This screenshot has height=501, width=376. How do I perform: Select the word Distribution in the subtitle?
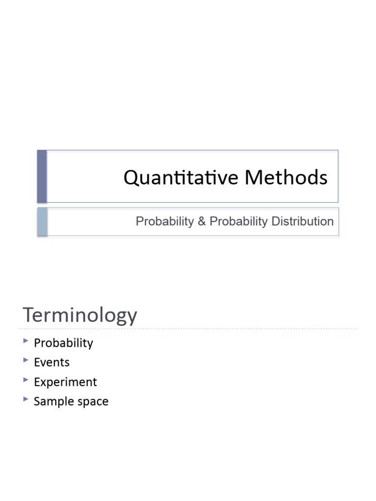click(303, 222)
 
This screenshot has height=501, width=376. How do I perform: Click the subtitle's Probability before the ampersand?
click(164, 222)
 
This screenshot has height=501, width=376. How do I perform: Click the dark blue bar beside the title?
click(42, 176)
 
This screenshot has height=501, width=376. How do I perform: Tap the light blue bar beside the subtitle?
click(42, 222)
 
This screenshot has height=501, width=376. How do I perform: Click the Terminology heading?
click(80, 316)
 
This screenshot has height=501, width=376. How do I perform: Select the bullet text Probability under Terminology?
click(63, 343)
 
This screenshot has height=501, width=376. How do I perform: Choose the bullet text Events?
click(51, 363)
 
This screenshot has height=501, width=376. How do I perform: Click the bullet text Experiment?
click(65, 382)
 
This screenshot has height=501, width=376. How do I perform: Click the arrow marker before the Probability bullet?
click(25, 341)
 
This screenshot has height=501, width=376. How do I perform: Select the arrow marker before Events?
click(25, 361)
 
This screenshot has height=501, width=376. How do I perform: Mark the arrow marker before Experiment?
click(25, 380)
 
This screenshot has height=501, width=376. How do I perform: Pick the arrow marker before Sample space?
click(25, 400)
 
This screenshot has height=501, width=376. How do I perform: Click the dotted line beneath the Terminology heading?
click(188, 329)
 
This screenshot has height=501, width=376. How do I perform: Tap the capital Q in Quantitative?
click(131, 178)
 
